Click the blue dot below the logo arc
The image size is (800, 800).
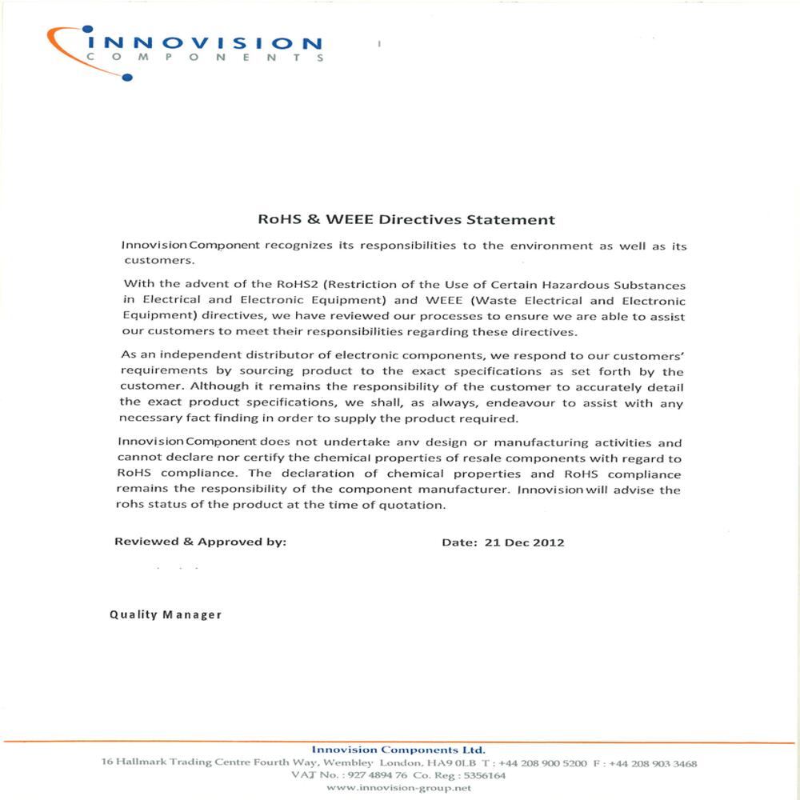coord(127,77)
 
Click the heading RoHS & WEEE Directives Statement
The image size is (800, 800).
coord(405,218)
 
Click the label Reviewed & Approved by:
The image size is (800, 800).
coord(201,542)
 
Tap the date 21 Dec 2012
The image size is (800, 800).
coord(524,542)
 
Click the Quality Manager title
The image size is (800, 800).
coord(166,615)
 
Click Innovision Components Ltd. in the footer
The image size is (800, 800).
coord(398,750)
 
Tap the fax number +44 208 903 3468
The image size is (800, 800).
coord(653,763)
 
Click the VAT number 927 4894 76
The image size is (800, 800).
coord(376,775)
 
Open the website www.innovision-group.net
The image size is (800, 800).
coord(399,788)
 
